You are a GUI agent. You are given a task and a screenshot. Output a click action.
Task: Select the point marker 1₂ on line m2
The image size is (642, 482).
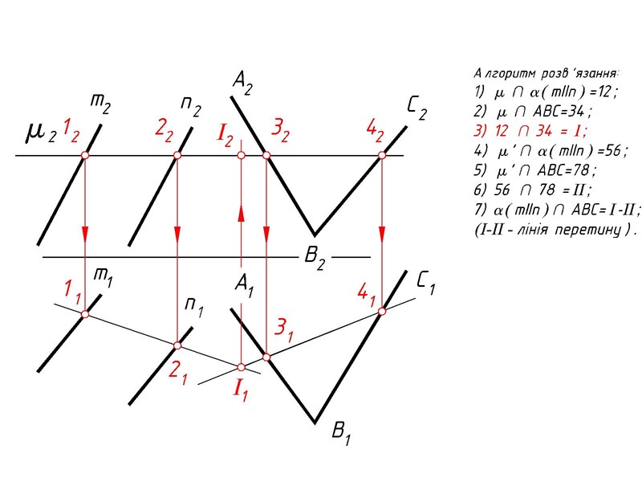pyautogui.click(x=84, y=155)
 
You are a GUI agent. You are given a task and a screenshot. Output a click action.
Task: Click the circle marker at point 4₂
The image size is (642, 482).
pyautogui.click(x=382, y=155)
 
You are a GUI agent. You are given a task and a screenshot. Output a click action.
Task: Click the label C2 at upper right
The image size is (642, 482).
pyautogui.click(x=416, y=108)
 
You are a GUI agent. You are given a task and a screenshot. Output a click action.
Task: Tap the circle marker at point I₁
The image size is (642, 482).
pyautogui.click(x=241, y=366)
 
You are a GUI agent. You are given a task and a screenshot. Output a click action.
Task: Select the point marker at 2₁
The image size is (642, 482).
pyautogui.click(x=178, y=345)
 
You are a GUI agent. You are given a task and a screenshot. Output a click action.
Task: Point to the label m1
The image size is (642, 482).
pyautogui.click(x=102, y=275)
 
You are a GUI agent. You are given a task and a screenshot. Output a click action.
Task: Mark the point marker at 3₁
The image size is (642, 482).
pyautogui.click(x=266, y=356)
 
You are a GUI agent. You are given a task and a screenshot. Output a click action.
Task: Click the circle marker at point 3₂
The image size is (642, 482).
pyautogui.click(x=266, y=155)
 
